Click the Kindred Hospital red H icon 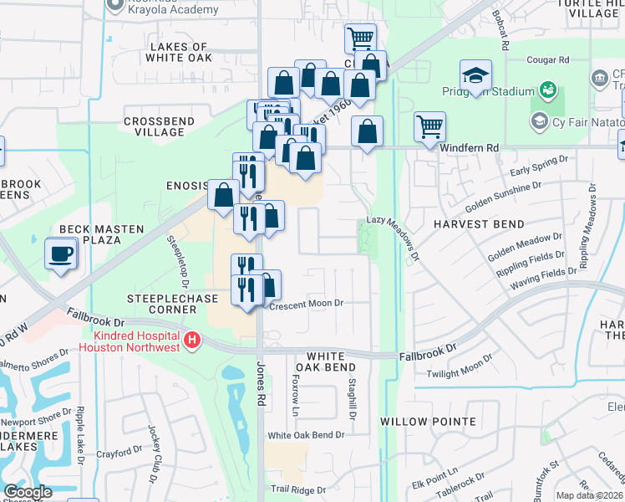[194, 340]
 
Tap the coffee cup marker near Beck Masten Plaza [61, 254]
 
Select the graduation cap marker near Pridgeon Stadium [475, 77]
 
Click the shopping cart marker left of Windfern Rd [429, 127]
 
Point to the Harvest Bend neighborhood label [479, 224]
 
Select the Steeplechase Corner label [161, 304]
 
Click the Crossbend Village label [154, 126]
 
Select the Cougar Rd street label [548, 60]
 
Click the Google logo [28, 492]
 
